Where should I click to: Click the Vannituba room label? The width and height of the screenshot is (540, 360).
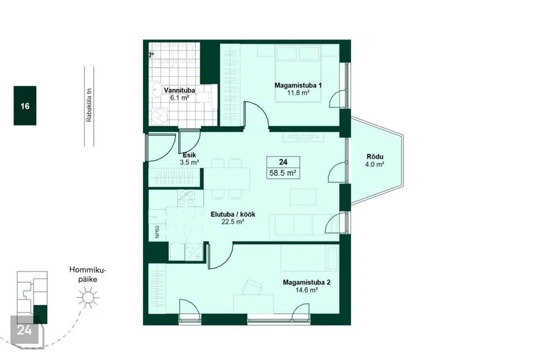(179, 90)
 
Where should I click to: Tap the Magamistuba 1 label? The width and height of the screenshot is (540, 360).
(298, 85)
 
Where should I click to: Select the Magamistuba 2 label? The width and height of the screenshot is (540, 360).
(307, 282)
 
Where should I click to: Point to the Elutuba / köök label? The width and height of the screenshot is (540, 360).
(233, 214)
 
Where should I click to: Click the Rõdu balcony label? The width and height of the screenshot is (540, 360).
(375, 157)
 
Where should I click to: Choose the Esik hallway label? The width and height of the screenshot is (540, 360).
(190, 155)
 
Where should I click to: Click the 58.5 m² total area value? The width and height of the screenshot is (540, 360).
(283, 173)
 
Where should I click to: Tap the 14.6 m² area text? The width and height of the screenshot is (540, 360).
(307, 290)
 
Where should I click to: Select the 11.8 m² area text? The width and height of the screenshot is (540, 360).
(298, 93)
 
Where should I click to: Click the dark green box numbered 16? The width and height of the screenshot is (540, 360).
(25, 105)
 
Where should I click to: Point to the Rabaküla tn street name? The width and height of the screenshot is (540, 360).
(89, 105)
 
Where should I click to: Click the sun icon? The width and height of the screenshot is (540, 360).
(88, 298)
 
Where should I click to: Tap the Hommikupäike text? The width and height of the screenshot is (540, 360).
(88, 274)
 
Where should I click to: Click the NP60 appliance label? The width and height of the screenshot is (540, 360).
(157, 232)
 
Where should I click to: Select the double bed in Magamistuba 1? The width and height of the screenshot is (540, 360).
(298, 74)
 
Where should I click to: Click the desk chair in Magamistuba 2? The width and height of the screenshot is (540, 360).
(253, 287)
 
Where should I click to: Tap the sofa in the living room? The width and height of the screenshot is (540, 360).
(303, 227)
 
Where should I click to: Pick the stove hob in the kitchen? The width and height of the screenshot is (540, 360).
(186, 198)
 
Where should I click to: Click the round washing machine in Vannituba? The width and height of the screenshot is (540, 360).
(159, 117)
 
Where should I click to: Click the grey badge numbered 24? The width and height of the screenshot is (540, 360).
(25, 330)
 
